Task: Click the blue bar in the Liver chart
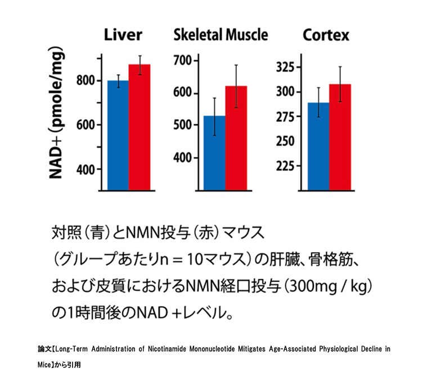[118, 135]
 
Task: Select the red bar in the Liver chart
[140, 127]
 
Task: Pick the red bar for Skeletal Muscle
[236, 138]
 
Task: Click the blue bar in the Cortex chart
[318, 146]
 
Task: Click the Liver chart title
[123, 35]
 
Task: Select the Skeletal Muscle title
[221, 35]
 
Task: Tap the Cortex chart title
[326, 35]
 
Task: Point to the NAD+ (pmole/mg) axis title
[57, 115]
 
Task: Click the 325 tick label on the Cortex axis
[285, 68]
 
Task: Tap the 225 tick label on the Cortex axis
[285, 166]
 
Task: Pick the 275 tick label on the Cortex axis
[285, 117]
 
